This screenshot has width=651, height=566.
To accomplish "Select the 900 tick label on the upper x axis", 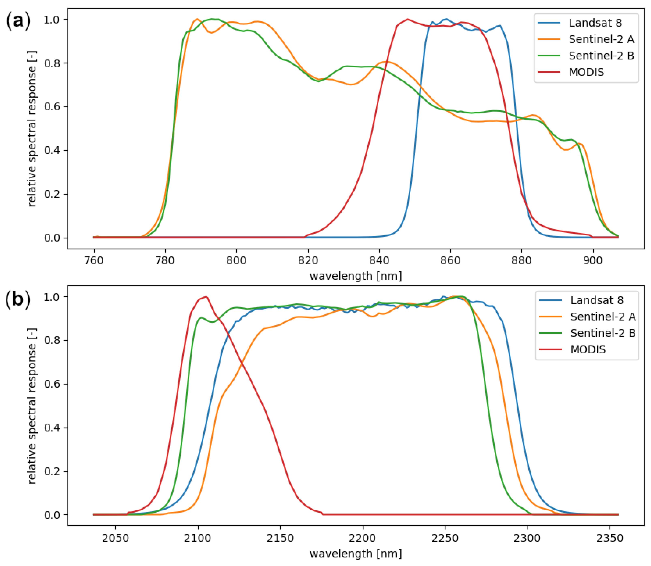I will pos(593,261).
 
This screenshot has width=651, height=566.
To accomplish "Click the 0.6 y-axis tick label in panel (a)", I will pos(51,107).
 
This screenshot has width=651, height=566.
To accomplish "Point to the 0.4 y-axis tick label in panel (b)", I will pos(51,428).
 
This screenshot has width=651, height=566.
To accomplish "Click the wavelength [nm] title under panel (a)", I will pos(356,276).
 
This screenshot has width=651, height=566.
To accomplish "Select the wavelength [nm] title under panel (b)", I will pos(356,553).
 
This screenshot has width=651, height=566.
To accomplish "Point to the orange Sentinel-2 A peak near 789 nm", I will pos(197,19).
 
